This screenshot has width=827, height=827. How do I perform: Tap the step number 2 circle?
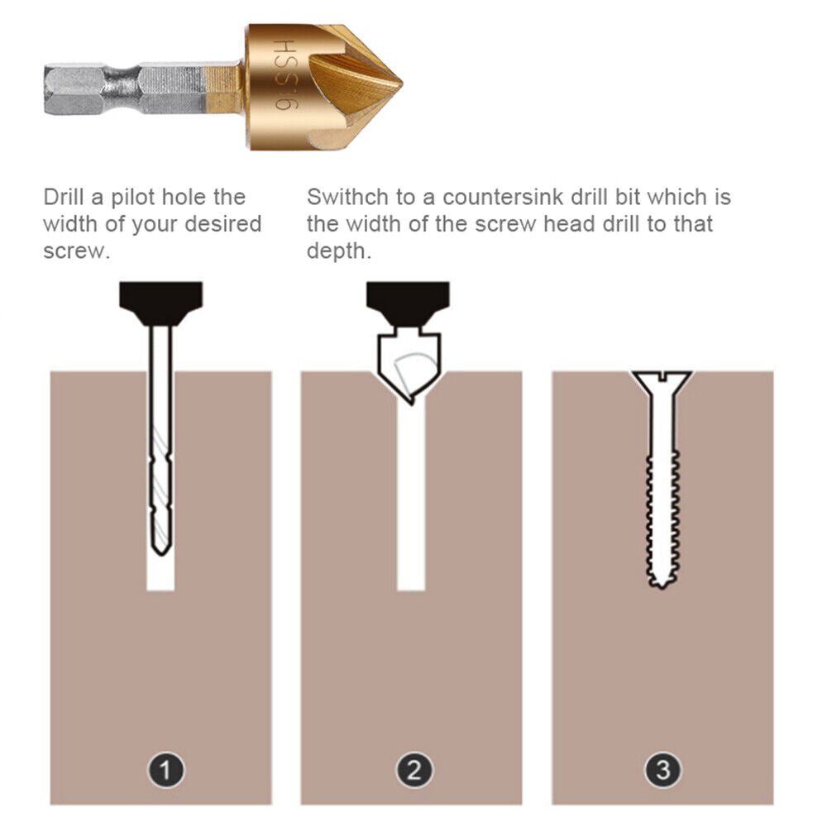point(413,772)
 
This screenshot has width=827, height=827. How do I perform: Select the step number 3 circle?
point(662,772)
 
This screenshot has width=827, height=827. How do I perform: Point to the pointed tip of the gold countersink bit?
point(400,84)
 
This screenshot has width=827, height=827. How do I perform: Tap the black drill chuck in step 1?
point(160,302)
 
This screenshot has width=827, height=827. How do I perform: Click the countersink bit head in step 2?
point(409,364)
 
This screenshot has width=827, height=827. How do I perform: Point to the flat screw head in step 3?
point(661,378)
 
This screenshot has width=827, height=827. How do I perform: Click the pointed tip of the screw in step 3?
point(659,585)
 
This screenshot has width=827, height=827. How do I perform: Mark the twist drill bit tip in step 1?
point(160,547)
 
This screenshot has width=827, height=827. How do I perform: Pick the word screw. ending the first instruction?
point(76,251)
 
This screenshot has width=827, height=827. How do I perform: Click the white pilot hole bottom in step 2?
point(411,583)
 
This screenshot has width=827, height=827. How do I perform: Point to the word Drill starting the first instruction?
point(63,198)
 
